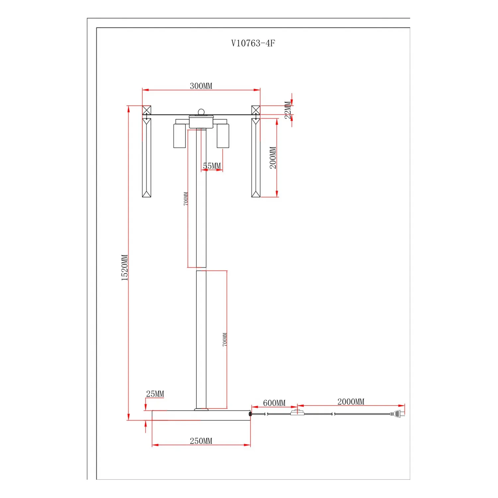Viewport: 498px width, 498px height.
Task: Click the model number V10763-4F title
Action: [253, 43]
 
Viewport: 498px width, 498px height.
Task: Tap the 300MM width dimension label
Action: [201, 86]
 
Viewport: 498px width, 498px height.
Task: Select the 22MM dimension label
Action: [288, 110]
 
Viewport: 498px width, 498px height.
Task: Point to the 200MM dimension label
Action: [273, 158]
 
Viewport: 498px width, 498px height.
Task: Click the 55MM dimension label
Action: [212, 166]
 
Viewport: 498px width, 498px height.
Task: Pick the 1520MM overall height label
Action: [124, 268]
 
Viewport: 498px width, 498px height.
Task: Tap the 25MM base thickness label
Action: [155, 394]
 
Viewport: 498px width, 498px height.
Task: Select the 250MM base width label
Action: [201, 441]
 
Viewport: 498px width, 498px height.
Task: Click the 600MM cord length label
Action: [274, 403]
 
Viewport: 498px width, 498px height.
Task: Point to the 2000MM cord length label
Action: [351, 402]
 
